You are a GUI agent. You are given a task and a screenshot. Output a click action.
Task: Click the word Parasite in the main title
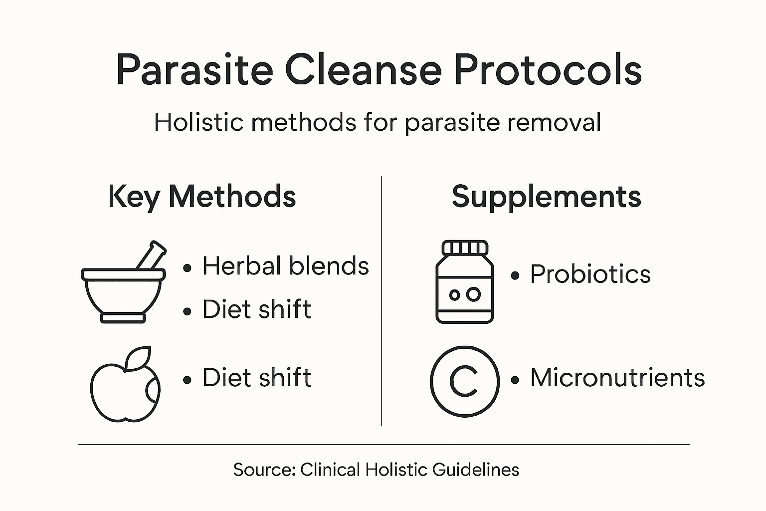(x=194, y=69)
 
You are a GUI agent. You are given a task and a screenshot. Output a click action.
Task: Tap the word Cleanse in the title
(x=363, y=69)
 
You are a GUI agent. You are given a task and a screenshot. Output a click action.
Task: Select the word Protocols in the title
(x=547, y=69)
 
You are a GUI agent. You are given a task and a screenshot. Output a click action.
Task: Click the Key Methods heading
(x=201, y=197)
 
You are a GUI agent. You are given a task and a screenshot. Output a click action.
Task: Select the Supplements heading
(x=546, y=197)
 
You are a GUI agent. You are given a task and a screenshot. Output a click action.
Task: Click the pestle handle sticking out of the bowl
(x=152, y=255)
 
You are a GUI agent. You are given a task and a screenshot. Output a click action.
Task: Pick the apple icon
(x=125, y=387)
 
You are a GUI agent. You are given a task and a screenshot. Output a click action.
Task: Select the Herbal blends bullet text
(x=285, y=266)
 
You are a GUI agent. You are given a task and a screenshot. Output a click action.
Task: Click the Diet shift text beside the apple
(x=256, y=378)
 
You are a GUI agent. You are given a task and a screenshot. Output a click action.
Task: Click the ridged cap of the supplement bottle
(x=465, y=248)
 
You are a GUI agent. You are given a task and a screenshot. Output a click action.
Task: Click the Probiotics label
(x=590, y=274)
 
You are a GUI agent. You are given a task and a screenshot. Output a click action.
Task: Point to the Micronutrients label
(x=617, y=378)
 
